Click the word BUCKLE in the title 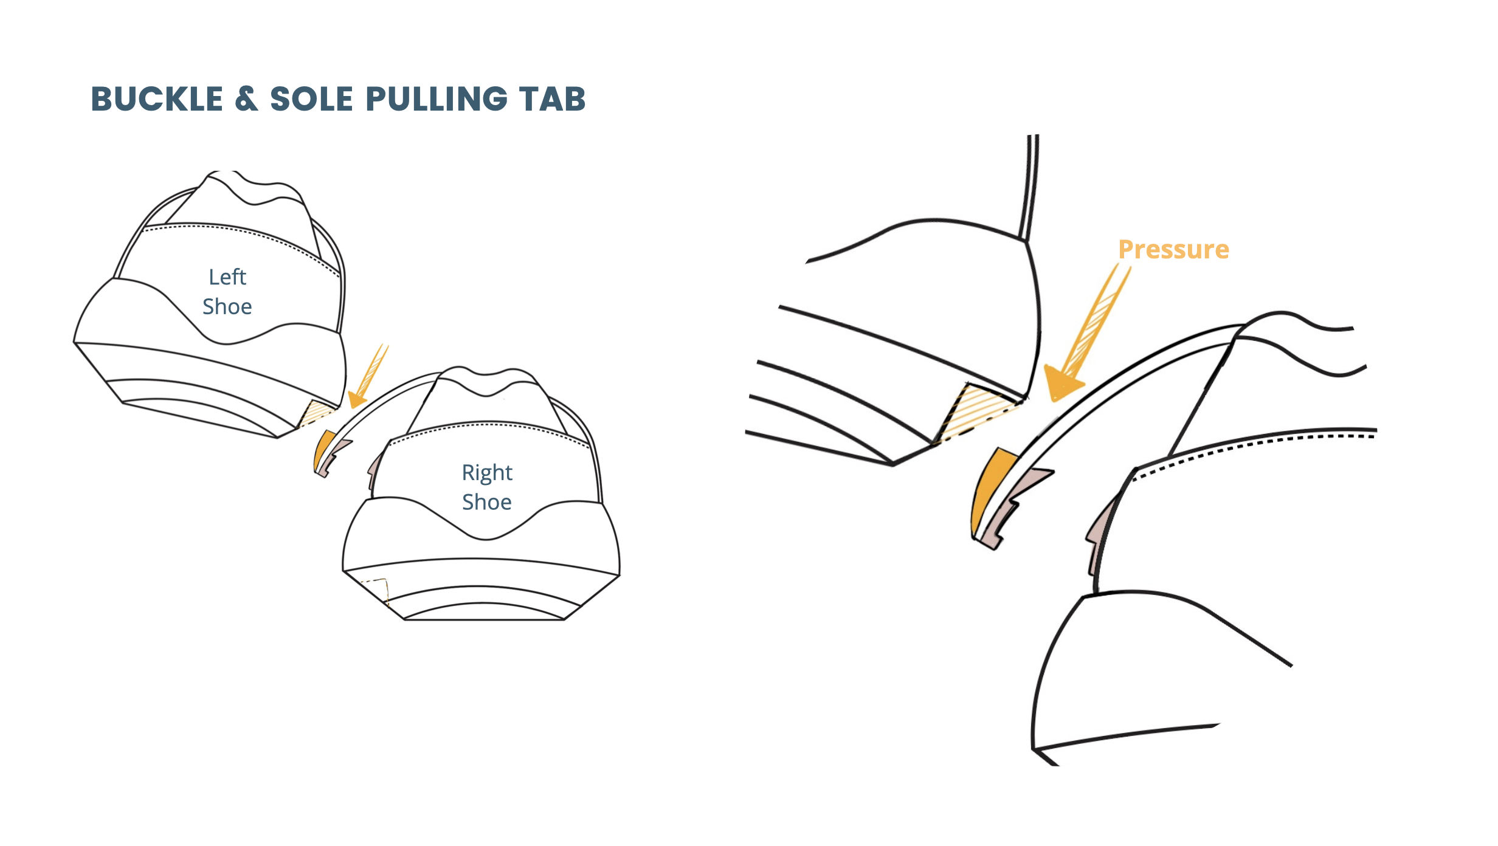tap(157, 99)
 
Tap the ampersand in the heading tap(246, 99)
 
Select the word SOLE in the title tap(311, 99)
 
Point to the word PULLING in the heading tap(436, 99)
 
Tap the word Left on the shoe tap(227, 277)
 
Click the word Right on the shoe tap(487, 473)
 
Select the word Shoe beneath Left tap(227, 307)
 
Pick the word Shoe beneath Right tap(487, 502)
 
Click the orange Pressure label tap(1173, 250)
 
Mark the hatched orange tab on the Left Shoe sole tap(316, 413)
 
